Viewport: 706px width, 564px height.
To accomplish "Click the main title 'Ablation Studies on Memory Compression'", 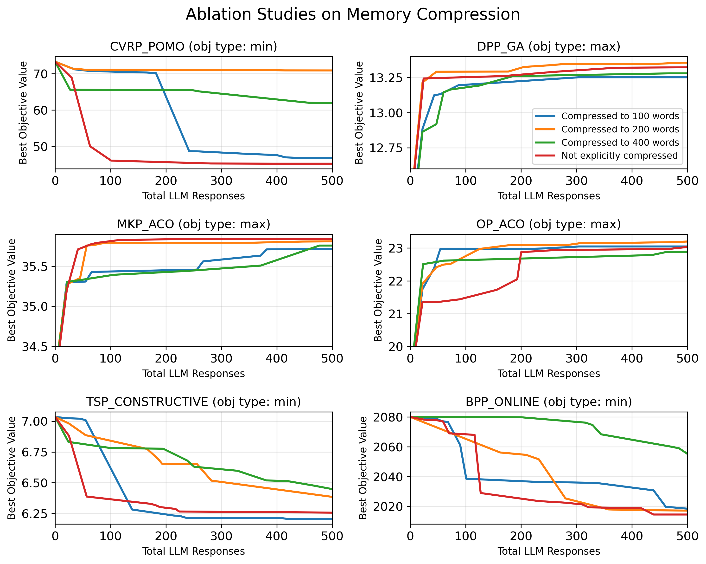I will pyautogui.click(x=353, y=15).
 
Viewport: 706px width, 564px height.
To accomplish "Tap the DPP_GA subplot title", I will pyautogui.click(x=548, y=46).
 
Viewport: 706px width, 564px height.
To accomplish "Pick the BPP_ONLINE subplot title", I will pyautogui.click(x=548, y=402).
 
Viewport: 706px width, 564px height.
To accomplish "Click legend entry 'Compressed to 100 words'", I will pyautogui.click(x=620, y=116).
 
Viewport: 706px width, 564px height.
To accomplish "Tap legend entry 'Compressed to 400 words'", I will pyautogui.click(x=620, y=143).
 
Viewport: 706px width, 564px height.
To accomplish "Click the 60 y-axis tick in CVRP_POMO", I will pyautogui.click(x=40, y=110).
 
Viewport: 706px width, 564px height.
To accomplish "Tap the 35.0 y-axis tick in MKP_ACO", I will pyautogui.click(x=34, y=307).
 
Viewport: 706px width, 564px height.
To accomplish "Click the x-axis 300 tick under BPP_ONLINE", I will pyautogui.click(x=576, y=536).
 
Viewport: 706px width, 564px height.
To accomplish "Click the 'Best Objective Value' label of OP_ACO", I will pyautogui.click(x=378, y=290).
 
